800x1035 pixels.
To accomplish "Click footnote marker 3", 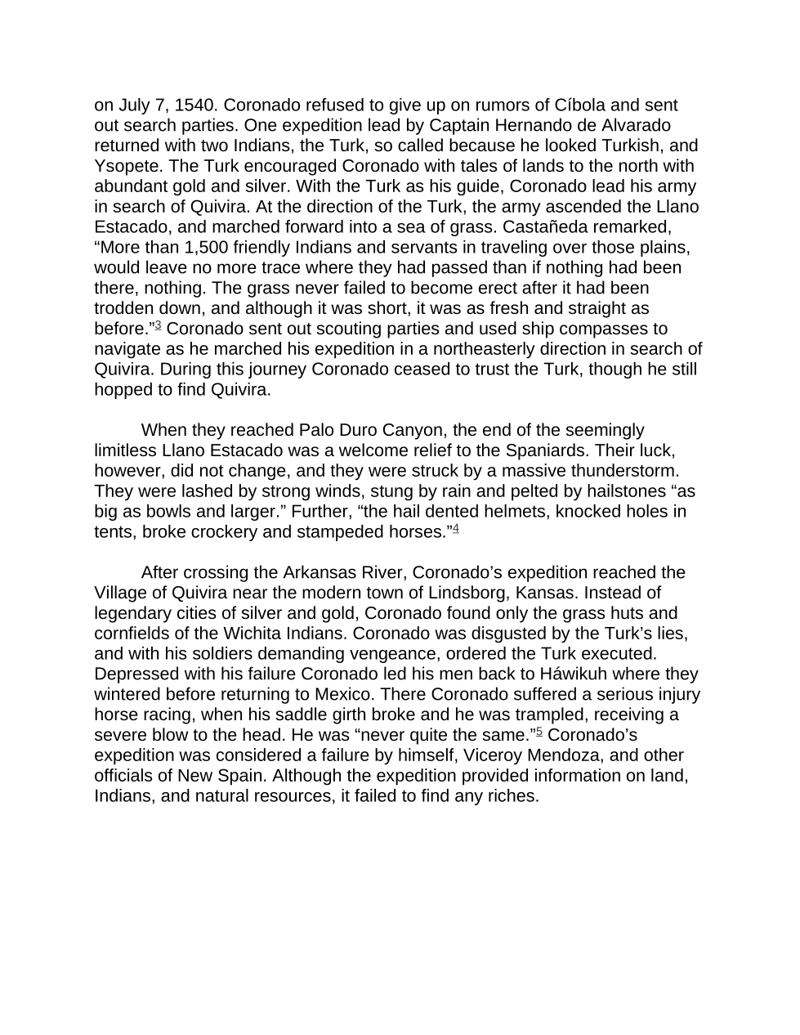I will [x=158, y=326].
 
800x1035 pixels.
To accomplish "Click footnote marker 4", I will [x=456, y=529].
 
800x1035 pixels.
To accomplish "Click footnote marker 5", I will [x=539, y=732].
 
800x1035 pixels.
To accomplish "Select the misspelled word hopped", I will [x=120, y=390].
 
